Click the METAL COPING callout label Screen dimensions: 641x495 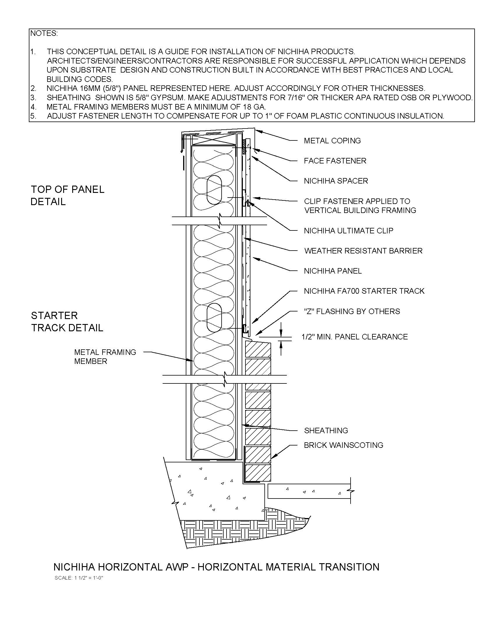tap(332, 141)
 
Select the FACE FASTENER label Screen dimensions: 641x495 tap(335, 161)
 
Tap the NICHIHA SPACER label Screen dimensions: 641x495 tap(336, 181)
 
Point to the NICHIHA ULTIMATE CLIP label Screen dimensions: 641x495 tap(348, 231)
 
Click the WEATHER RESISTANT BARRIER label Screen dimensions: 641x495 tap(363, 251)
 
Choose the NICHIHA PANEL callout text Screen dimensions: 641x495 tap(333, 271)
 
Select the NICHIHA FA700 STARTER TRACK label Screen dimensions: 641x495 tap(364, 291)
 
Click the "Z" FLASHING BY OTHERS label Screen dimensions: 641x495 tap(352, 311)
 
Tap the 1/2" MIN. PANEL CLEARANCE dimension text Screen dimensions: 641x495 tap(355, 337)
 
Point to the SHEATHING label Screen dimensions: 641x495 tap(326, 431)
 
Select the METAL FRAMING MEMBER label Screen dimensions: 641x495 tap(105, 357)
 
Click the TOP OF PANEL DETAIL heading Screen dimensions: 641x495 tap(68, 196)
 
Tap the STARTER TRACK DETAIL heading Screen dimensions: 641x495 tap(67, 322)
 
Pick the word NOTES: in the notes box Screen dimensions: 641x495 tap(44, 34)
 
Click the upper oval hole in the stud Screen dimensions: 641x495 tap(214, 190)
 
